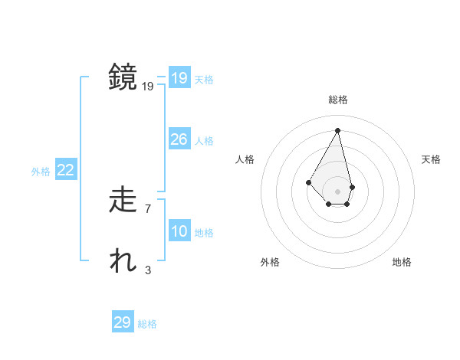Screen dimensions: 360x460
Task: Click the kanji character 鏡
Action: click(123, 78)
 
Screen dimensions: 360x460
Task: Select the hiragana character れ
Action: click(123, 261)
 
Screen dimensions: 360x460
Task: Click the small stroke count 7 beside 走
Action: click(147, 208)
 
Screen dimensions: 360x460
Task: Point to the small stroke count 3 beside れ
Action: click(147, 270)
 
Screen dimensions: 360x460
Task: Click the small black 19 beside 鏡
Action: click(148, 87)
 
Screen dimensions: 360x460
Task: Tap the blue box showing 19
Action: click(179, 78)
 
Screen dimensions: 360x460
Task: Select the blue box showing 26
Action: click(179, 139)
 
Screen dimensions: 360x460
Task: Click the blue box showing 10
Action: click(179, 231)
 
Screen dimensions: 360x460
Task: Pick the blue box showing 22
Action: click(65, 171)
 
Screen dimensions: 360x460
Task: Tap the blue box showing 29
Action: click(123, 322)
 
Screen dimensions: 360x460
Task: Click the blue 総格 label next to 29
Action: click(147, 324)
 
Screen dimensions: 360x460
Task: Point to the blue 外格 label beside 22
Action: click(41, 172)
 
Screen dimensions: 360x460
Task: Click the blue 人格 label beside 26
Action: click(204, 141)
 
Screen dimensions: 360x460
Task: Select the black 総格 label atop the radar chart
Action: click(338, 100)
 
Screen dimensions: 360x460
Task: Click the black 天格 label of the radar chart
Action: click(432, 159)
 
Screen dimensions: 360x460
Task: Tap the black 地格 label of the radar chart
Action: click(402, 262)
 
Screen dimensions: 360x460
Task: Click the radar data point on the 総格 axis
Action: click(338, 130)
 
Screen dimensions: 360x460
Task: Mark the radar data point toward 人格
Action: click(308, 182)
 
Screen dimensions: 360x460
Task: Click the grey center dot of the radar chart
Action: click(338, 191)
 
